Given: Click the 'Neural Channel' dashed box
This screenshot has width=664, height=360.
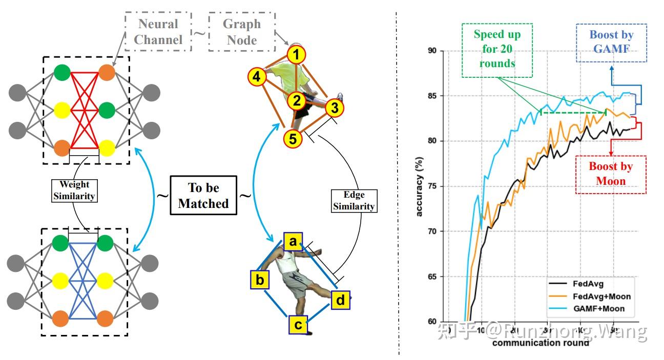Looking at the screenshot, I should pyautogui.click(x=158, y=31).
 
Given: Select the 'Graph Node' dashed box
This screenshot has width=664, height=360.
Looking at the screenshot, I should pyautogui.click(x=241, y=31).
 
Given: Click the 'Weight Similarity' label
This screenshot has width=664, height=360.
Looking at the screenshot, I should pyautogui.click(x=74, y=190).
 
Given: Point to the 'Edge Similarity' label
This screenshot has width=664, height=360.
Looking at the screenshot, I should pyautogui.click(x=354, y=201).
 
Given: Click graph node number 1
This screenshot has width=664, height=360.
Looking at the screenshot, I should pyautogui.click(x=296, y=54).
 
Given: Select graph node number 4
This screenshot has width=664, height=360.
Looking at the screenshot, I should pyautogui.click(x=256, y=77).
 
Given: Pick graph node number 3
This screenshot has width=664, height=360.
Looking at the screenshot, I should pyautogui.click(x=334, y=108).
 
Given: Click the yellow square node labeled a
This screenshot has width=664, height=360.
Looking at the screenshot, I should pyautogui.click(x=292, y=241).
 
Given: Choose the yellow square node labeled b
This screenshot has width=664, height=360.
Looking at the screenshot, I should pyautogui.click(x=260, y=280).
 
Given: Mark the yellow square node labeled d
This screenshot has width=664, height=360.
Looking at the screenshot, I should pyautogui.click(x=340, y=300).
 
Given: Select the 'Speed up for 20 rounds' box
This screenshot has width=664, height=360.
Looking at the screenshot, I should pyautogui.click(x=496, y=50).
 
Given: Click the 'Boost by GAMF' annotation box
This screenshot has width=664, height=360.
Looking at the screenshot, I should pyautogui.click(x=611, y=43).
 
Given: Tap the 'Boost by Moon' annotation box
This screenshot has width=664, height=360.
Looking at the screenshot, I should pyautogui.click(x=610, y=174).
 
